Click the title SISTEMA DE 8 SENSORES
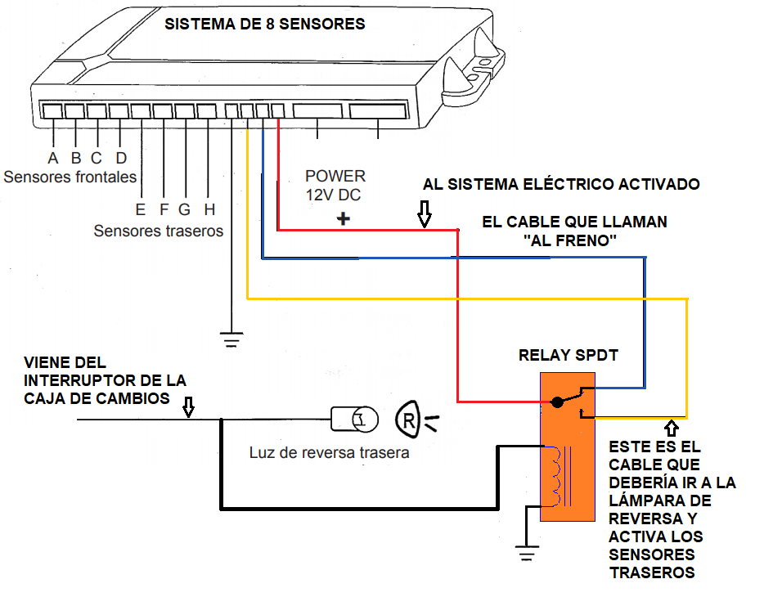(x=264, y=24)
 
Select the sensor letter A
(x=53, y=158)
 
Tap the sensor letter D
(x=120, y=158)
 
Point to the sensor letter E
(x=140, y=209)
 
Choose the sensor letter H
(x=209, y=209)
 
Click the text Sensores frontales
(x=70, y=177)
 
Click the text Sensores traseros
(x=158, y=231)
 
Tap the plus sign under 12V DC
(x=344, y=219)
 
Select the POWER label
(x=335, y=176)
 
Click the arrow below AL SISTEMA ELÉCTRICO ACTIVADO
(x=424, y=215)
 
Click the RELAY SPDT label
(x=568, y=356)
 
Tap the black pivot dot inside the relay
(x=557, y=402)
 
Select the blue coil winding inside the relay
(x=557, y=476)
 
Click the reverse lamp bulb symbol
(x=355, y=419)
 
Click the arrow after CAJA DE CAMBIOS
(x=188, y=406)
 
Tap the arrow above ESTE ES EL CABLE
(x=672, y=428)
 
